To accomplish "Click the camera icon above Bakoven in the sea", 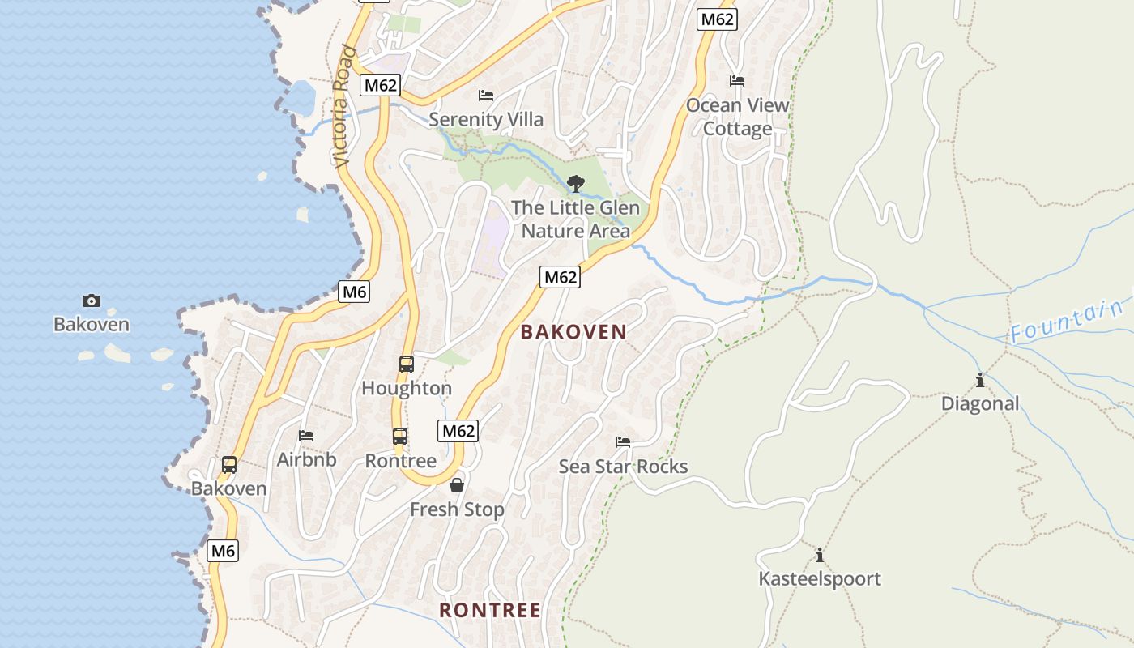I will click(x=92, y=301).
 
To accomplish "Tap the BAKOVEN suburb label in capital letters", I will click(x=573, y=331).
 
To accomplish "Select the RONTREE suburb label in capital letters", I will click(x=489, y=610).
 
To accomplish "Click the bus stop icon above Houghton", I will click(x=407, y=364).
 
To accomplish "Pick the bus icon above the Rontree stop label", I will click(x=400, y=437).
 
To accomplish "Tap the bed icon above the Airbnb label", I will click(x=306, y=436).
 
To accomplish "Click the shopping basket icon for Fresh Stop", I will click(x=457, y=485).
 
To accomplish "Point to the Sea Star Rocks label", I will click(x=623, y=467).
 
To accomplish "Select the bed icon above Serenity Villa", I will click(x=486, y=96).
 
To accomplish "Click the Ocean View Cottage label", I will click(x=737, y=117).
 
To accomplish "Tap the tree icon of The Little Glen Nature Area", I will click(x=576, y=184).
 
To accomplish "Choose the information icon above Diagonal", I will click(x=980, y=380).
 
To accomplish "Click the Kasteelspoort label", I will click(x=819, y=578).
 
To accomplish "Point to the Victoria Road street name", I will click(x=344, y=107).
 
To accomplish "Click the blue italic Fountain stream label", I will click(x=1068, y=322).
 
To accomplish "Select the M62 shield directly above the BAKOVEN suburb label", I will click(x=560, y=277).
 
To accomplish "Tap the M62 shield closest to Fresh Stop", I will click(x=458, y=431).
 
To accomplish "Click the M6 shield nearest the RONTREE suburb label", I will click(x=224, y=552).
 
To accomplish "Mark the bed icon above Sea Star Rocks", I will click(x=623, y=442).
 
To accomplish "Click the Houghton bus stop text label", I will click(x=407, y=388).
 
